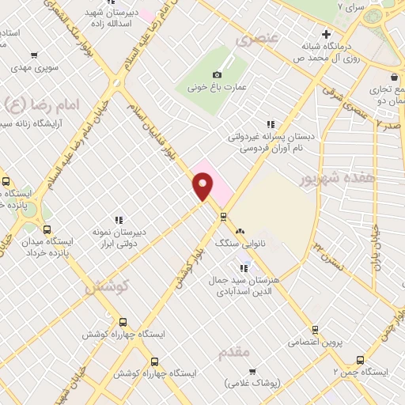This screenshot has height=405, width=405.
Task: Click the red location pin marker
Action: point(203,187)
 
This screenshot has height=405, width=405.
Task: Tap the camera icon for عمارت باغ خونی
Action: point(217,74)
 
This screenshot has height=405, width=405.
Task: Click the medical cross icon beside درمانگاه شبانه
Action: point(325,33)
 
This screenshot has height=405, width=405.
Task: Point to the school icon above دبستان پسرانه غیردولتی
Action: point(271,123)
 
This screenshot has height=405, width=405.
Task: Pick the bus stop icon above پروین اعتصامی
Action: point(315,330)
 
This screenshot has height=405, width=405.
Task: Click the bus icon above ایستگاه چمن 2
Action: point(361,358)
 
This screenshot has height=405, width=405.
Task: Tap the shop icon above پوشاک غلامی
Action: point(252,371)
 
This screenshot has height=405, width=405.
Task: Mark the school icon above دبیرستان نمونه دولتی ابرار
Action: point(119,219)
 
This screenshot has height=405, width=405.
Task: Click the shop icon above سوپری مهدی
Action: point(33,55)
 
